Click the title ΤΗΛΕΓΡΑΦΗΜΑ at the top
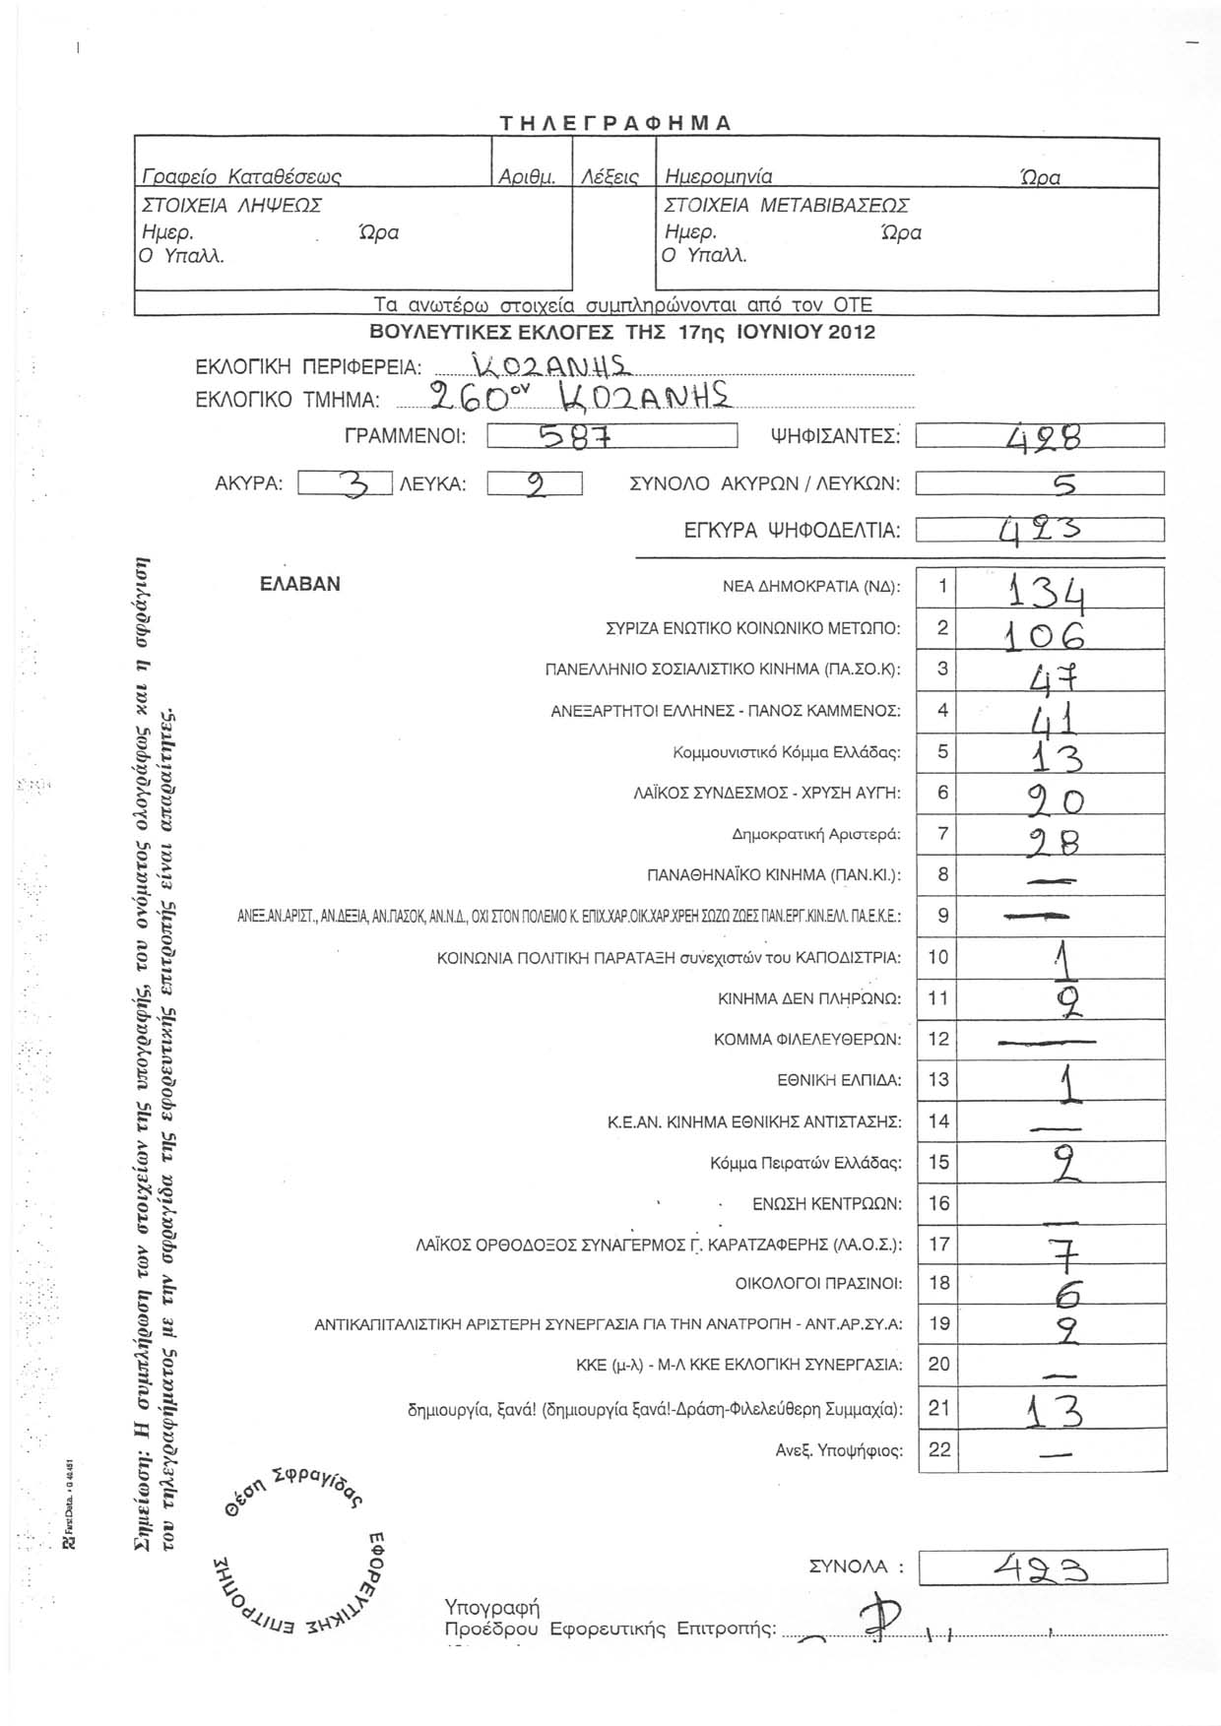pos(615,123)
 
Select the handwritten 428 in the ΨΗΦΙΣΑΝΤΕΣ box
pos(1038,435)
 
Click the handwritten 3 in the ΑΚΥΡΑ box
pos(351,483)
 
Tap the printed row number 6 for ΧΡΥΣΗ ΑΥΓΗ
pos(942,793)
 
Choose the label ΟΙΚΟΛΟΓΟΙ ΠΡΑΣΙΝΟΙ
pos(818,1283)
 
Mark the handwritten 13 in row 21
pos(1054,1414)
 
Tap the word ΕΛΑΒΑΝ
pos(300,584)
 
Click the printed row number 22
pos(941,1449)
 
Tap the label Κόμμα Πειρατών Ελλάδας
pos(805,1163)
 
